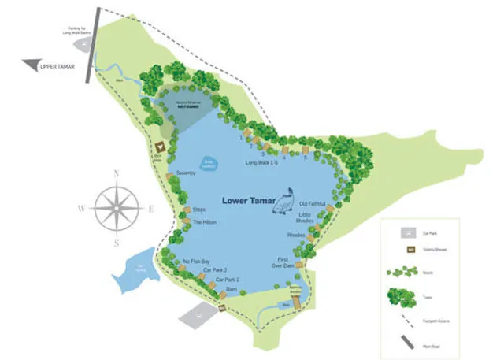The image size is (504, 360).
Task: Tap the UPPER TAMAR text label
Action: [x=57, y=67]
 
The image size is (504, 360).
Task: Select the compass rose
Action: [x=116, y=207]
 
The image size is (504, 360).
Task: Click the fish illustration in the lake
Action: [x=285, y=201]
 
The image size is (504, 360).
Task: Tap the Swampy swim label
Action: [x=186, y=173]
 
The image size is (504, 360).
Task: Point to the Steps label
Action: [x=199, y=210]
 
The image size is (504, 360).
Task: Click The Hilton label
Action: [x=204, y=222]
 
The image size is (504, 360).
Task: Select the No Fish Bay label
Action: [x=196, y=261]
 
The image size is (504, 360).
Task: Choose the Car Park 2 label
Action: [x=214, y=270]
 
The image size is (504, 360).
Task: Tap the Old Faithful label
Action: [x=313, y=204]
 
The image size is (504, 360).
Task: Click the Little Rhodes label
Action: [x=306, y=217]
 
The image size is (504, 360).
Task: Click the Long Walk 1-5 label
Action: [x=261, y=163]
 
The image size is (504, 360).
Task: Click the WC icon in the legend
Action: [x=409, y=251]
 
